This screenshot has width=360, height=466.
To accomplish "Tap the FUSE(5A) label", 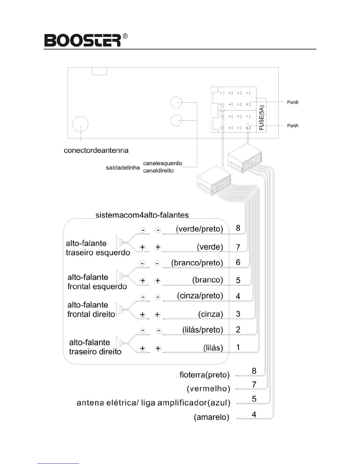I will click(261, 118).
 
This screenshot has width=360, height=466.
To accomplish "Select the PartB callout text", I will click(292, 102).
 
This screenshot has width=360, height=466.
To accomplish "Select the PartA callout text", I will click(292, 126).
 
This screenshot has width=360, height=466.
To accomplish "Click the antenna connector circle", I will click(80, 124).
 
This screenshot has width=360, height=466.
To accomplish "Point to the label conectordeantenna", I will click(96, 150).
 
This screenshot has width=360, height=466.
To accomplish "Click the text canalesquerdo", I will click(162, 163).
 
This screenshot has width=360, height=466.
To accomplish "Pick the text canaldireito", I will click(158, 171).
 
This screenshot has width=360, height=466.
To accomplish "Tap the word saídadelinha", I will click(123, 168).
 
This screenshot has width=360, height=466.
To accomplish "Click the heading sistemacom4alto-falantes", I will click(142, 215).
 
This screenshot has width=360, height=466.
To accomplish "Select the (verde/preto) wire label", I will click(199, 229).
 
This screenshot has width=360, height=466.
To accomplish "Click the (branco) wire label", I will click(208, 280).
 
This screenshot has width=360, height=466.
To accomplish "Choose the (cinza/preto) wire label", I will click(200, 296).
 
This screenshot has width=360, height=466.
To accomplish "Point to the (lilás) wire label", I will click(213, 348).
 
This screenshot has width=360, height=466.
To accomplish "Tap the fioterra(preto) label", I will click(204, 375).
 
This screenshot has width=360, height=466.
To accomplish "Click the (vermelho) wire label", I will click(208, 389).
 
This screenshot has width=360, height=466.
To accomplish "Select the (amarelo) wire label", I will click(211, 417).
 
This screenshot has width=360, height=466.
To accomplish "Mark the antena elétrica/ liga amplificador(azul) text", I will click(153, 403).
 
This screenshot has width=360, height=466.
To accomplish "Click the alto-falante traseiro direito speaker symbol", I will click(120, 343).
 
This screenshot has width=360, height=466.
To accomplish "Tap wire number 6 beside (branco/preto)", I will click(238, 262).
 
